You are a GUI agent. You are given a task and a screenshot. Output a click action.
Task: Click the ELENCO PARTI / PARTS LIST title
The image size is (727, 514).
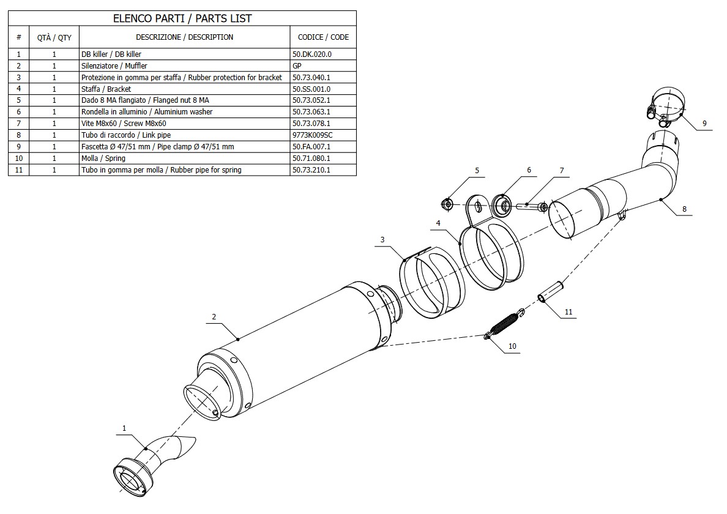tap(182, 18)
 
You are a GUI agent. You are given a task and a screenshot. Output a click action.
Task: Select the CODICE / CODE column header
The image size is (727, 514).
tap(323, 37)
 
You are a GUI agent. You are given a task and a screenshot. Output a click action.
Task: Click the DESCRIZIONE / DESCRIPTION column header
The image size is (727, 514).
tap(184, 37)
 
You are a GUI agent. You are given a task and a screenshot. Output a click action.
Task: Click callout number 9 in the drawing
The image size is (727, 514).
tap(704, 124)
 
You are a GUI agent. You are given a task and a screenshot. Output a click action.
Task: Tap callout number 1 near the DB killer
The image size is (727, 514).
tap(124, 428)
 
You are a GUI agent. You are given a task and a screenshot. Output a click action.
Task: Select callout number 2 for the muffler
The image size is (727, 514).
tap(214, 317)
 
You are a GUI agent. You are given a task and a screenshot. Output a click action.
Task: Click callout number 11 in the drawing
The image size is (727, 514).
tap(569, 312)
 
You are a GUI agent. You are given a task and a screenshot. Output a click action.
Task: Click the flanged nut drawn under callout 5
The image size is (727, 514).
tap(447, 203)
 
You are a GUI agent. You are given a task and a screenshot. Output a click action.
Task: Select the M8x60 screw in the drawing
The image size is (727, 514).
tap(532, 207)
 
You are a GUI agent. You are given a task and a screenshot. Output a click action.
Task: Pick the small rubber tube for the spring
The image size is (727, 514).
tap(551, 291)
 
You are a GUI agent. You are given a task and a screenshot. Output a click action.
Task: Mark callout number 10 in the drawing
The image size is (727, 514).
tap(512, 346)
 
